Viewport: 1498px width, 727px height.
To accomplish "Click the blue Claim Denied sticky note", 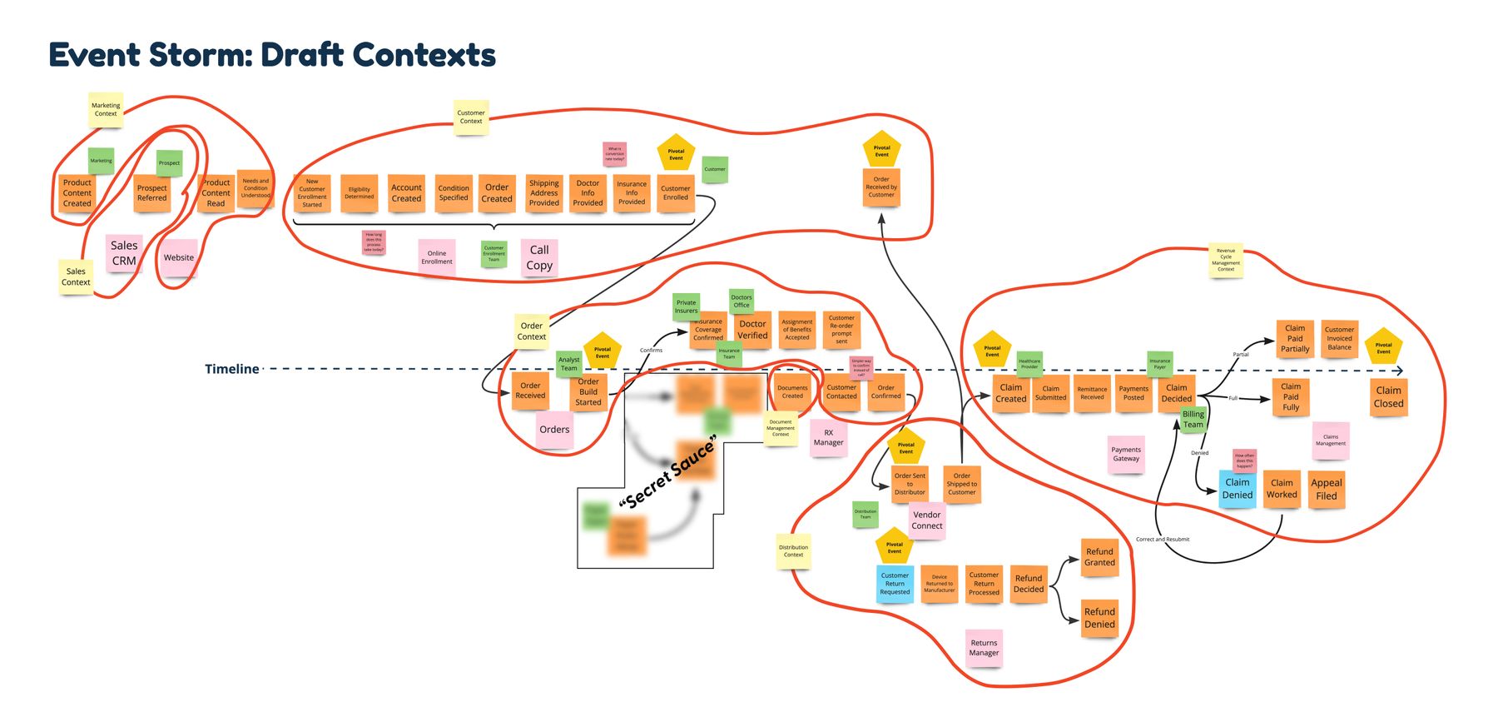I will click(x=1237, y=488).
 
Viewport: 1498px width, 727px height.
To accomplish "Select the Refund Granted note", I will click(x=1099, y=557).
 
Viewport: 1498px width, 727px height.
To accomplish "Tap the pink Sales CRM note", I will click(x=124, y=253).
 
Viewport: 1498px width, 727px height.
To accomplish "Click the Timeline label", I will click(x=232, y=369).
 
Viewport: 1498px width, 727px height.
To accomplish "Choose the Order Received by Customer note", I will click(x=881, y=187).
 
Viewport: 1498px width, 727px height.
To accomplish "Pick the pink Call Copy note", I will click(x=539, y=257).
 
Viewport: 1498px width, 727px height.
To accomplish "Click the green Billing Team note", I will click(x=1193, y=419).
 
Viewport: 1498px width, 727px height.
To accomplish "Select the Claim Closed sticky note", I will click(x=1388, y=397).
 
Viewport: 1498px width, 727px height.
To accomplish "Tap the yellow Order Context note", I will click(x=532, y=331).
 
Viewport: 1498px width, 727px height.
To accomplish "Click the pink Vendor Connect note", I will click(x=926, y=520).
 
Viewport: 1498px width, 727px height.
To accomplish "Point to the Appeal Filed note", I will click(x=1326, y=489).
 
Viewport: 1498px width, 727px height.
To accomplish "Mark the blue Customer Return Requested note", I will click(x=895, y=584).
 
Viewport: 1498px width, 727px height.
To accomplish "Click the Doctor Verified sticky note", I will click(x=752, y=330).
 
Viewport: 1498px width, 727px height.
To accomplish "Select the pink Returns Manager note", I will click(x=984, y=648).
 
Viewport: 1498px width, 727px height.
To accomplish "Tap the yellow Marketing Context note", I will click(x=106, y=110).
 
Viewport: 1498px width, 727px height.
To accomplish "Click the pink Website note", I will click(x=179, y=258).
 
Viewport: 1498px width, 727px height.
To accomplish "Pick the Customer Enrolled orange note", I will click(x=675, y=193).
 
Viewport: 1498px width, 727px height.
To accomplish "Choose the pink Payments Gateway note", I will click(x=1126, y=455).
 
